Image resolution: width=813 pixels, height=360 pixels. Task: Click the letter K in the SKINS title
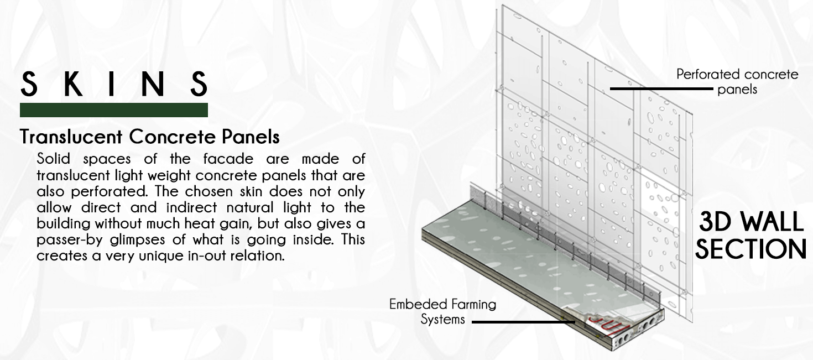(x=72, y=84)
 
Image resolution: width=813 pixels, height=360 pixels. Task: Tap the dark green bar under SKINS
(x=113, y=110)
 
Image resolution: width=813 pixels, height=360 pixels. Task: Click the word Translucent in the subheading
(x=71, y=137)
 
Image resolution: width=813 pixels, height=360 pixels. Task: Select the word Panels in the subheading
(x=251, y=137)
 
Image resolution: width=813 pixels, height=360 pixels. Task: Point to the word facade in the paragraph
(x=228, y=159)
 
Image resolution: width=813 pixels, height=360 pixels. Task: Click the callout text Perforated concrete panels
(x=737, y=82)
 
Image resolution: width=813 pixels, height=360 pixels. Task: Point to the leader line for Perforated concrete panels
(x=661, y=88)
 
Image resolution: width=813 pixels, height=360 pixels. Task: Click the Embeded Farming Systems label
(x=442, y=312)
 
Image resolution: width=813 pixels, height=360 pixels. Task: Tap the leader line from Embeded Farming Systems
(x=523, y=322)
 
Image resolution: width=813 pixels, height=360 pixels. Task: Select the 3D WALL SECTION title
(x=751, y=235)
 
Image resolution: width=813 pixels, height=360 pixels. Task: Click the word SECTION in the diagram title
(x=751, y=249)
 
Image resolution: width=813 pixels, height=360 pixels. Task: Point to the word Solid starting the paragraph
(x=53, y=159)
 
